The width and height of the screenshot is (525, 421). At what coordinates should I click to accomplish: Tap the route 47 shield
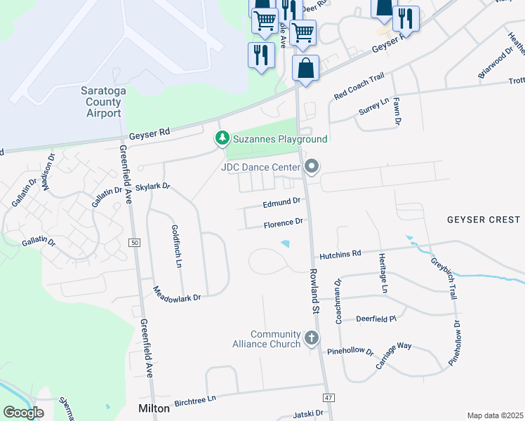click(328, 398)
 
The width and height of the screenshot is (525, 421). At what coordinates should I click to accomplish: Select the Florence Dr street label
click(283, 224)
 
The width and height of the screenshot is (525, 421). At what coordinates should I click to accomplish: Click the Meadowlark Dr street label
click(177, 294)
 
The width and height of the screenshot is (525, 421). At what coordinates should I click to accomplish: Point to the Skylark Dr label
click(152, 187)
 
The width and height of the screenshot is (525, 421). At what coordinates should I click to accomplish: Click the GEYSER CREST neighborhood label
click(484, 220)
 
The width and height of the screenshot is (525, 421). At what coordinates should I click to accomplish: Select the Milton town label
click(152, 408)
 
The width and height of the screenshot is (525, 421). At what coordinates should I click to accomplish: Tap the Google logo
click(23, 412)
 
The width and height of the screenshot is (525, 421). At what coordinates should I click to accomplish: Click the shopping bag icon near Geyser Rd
click(305, 68)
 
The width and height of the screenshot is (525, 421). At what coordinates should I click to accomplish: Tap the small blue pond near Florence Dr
click(285, 243)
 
